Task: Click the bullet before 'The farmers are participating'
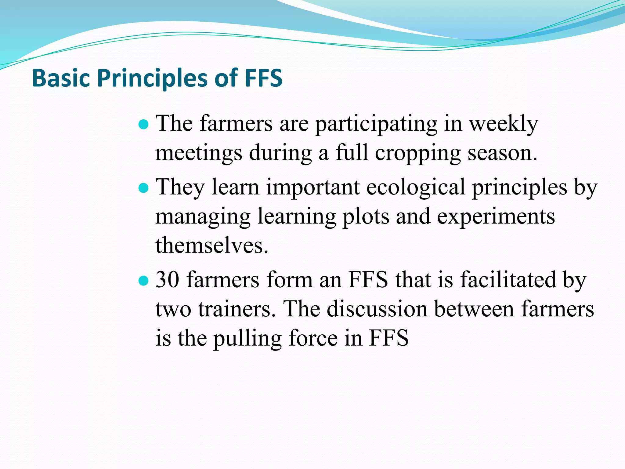click(x=143, y=125)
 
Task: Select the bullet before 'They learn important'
click(x=143, y=188)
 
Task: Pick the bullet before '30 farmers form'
click(x=143, y=280)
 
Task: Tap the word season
click(x=502, y=153)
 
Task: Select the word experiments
click(x=496, y=216)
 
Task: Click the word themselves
click(x=212, y=245)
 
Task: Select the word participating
click(x=376, y=125)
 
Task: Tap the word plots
click(x=366, y=216)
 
